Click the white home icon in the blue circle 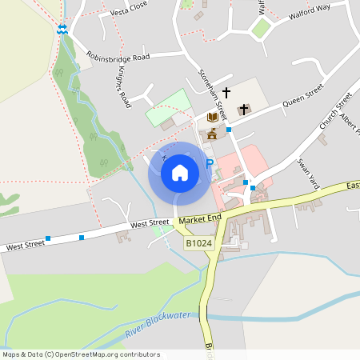(179, 173)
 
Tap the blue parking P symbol (210, 164)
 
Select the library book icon (212, 118)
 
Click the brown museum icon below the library (213, 131)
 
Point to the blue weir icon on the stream (62, 29)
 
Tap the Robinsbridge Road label (118, 58)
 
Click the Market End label (199, 219)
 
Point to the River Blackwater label (158, 322)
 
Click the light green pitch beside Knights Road (169, 108)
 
